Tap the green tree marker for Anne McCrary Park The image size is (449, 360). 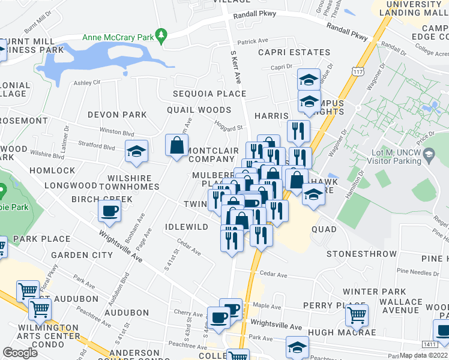point(160,36)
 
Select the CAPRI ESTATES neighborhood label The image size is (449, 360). point(294,52)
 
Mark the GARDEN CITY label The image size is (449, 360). point(82,255)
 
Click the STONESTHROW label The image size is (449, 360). point(361,254)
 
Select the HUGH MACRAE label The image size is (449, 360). point(342,332)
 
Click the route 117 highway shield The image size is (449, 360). point(358,71)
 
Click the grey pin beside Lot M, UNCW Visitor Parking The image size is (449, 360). point(429,157)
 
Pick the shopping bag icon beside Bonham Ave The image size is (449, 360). point(176,145)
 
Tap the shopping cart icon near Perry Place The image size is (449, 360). point(357,314)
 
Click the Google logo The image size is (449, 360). point(20,353)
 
